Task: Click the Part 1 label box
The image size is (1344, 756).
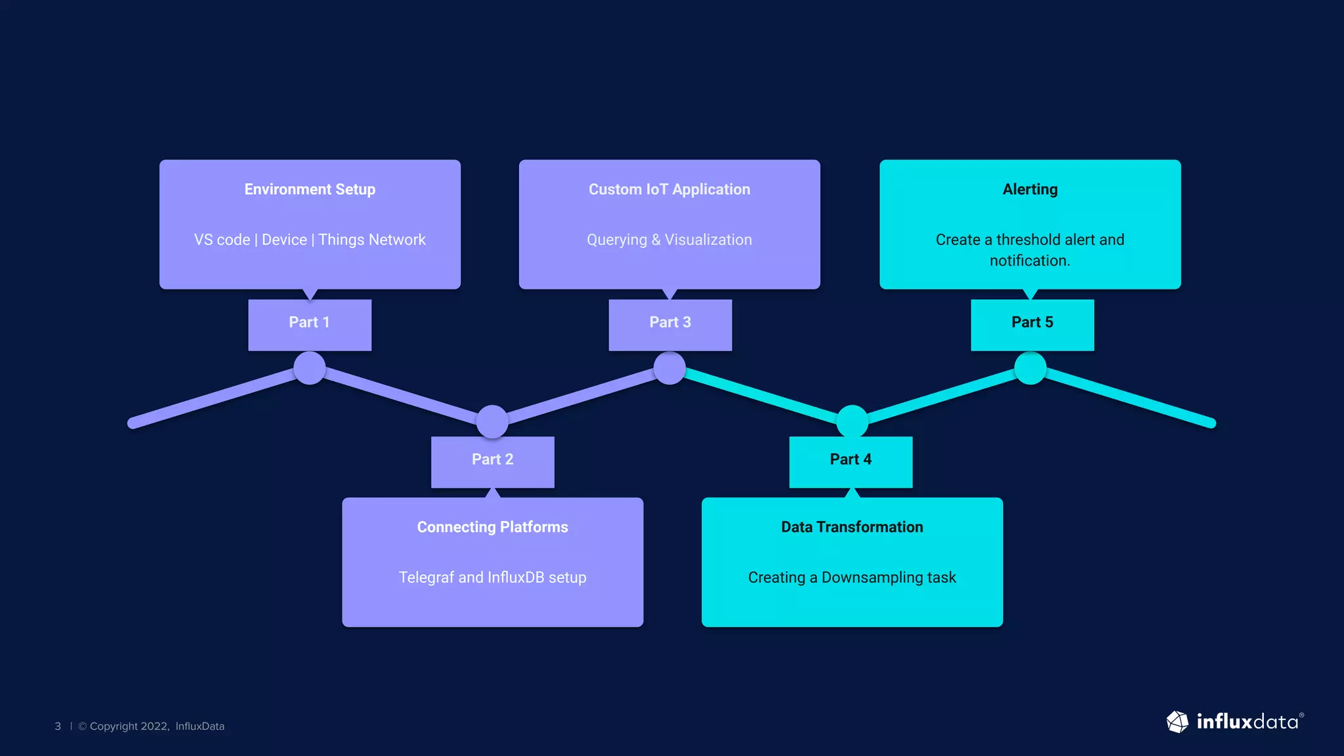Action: tap(309, 324)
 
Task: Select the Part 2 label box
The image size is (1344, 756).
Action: tap(492, 461)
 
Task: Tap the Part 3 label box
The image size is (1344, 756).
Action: tap(670, 324)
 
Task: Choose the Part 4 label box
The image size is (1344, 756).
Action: tap(850, 461)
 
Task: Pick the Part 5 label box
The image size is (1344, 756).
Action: tap(1032, 324)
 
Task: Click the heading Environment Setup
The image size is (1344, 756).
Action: tap(310, 190)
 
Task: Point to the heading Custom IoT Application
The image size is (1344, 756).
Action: tap(669, 190)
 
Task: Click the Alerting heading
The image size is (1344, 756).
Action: tap(1030, 190)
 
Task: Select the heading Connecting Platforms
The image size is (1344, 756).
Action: tap(492, 527)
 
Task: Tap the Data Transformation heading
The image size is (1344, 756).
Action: tap(852, 527)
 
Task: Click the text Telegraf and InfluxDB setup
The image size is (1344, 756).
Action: tap(492, 577)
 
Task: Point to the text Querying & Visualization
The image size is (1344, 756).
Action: tap(669, 240)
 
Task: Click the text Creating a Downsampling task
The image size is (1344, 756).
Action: tap(852, 577)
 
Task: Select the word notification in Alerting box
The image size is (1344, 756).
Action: tap(1028, 261)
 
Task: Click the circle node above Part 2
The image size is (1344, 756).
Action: tap(492, 421)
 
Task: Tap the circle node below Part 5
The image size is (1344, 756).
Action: tap(1030, 368)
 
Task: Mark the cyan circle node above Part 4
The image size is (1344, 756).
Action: tap(852, 421)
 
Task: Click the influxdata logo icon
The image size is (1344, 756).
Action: tap(1177, 722)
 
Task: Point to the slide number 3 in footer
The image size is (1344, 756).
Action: tap(58, 726)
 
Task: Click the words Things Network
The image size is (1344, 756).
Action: tap(372, 240)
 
